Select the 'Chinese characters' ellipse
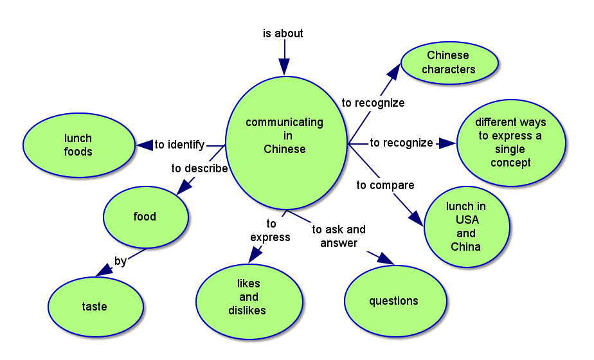(449, 62)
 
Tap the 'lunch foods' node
(78, 145)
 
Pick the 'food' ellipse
(145, 217)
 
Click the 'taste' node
(95, 307)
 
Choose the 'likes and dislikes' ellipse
(249, 297)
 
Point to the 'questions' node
(395, 301)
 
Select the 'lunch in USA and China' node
(466, 226)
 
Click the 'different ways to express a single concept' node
(510, 142)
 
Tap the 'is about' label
(283, 33)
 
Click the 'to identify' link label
(179, 145)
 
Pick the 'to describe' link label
(199, 168)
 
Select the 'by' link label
(120, 261)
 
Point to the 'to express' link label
(270, 231)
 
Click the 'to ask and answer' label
(338, 236)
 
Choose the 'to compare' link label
(385, 185)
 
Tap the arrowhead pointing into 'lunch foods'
(144, 145)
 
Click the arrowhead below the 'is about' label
(284, 66)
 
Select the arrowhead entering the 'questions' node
(385, 258)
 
